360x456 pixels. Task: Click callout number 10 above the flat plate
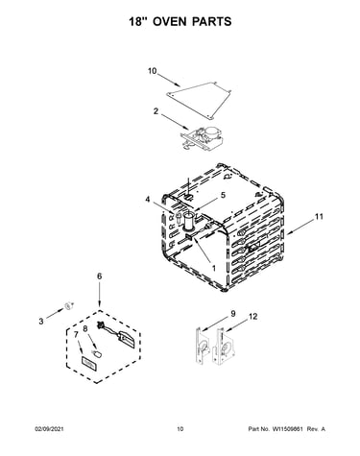pyautogui.click(x=153, y=71)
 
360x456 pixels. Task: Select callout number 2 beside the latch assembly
pyautogui.click(x=156, y=111)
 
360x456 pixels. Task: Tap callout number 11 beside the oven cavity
pyautogui.click(x=319, y=217)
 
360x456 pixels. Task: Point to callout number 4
pyautogui.click(x=147, y=200)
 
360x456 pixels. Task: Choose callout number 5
pyautogui.click(x=223, y=195)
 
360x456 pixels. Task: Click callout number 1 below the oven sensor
pyautogui.click(x=214, y=268)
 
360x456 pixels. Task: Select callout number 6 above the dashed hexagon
pyautogui.click(x=100, y=276)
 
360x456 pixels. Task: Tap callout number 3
pyautogui.click(x=41, y=321)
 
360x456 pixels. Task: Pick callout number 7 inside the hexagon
pyautogui.click(x=76, y=335)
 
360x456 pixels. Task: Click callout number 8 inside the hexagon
pyautogui.click(x=85, y=329)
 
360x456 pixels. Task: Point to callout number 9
pyautogui.click(x=233, y=314)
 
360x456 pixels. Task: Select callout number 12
pyautogui.click(x=252, y=317)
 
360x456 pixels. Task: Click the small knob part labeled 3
pyautogui.click(x=68, y=305)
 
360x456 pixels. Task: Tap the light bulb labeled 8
pyautogui.click(x=97, y=353)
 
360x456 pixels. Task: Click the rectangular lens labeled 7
pyautogui.click(x=88, y=364)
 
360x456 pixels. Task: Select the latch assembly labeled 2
pyautogui.click(x=204, y=137)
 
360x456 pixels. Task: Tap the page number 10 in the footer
pyautogui.click(x=180, y=429)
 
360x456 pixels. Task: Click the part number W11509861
pyautogui.click(x=287, y=429)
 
